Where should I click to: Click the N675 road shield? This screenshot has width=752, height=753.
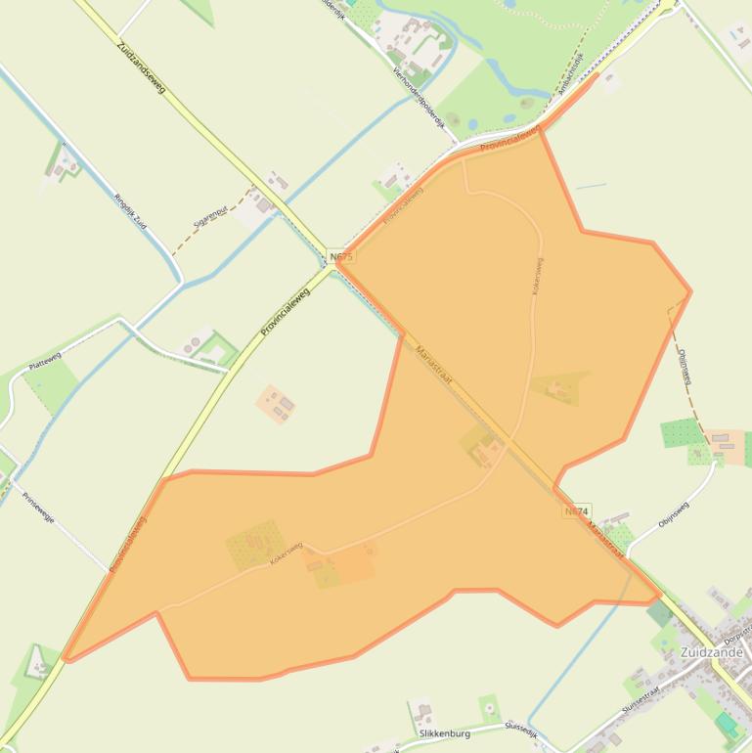point(341,256)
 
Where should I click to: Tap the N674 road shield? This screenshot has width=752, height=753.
point(577,511)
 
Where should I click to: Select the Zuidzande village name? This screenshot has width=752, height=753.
point(712,652)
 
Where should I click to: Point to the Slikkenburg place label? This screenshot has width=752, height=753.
point(444,733)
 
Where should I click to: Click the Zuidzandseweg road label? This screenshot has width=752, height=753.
point(141,67)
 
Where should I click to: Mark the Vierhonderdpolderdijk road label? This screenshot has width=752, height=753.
point(420,94)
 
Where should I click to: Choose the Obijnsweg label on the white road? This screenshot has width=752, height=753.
point(674,514)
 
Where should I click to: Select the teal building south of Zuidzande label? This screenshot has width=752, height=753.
point(727,725)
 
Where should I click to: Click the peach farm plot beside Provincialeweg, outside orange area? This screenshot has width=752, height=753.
point(277,403)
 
